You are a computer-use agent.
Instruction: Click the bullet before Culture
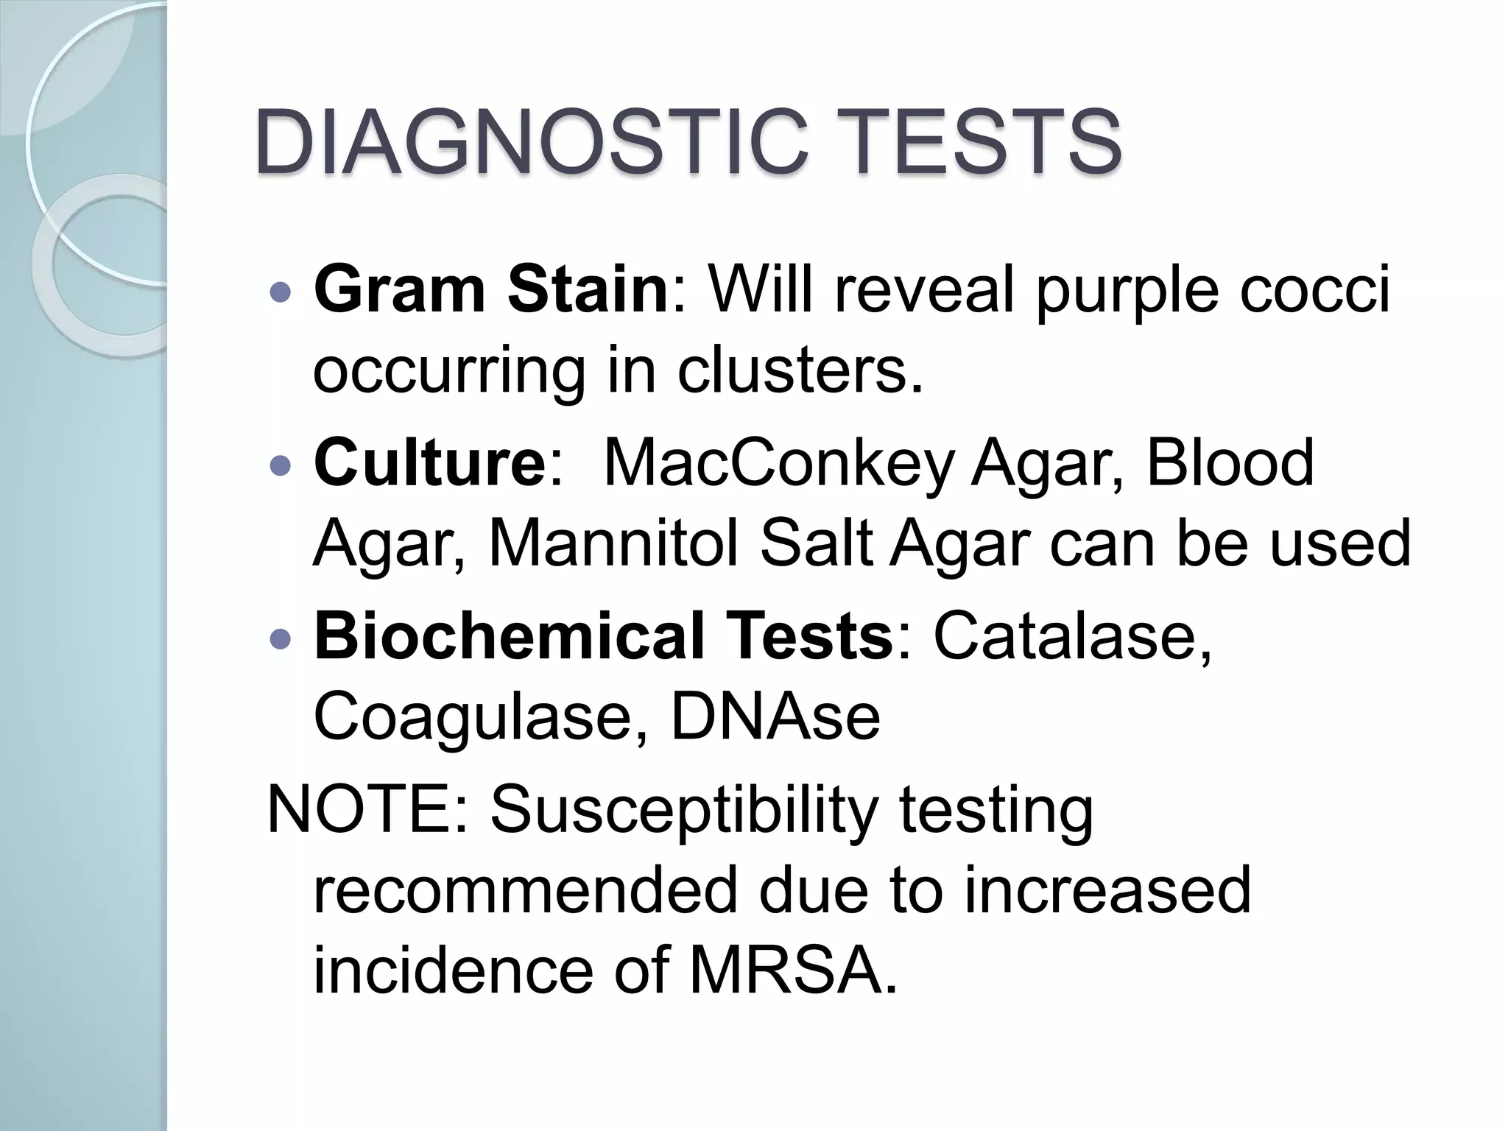pos(281,466)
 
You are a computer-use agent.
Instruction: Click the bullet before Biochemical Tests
pos(281,638)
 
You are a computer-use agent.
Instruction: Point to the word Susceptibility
pos(684,810)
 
